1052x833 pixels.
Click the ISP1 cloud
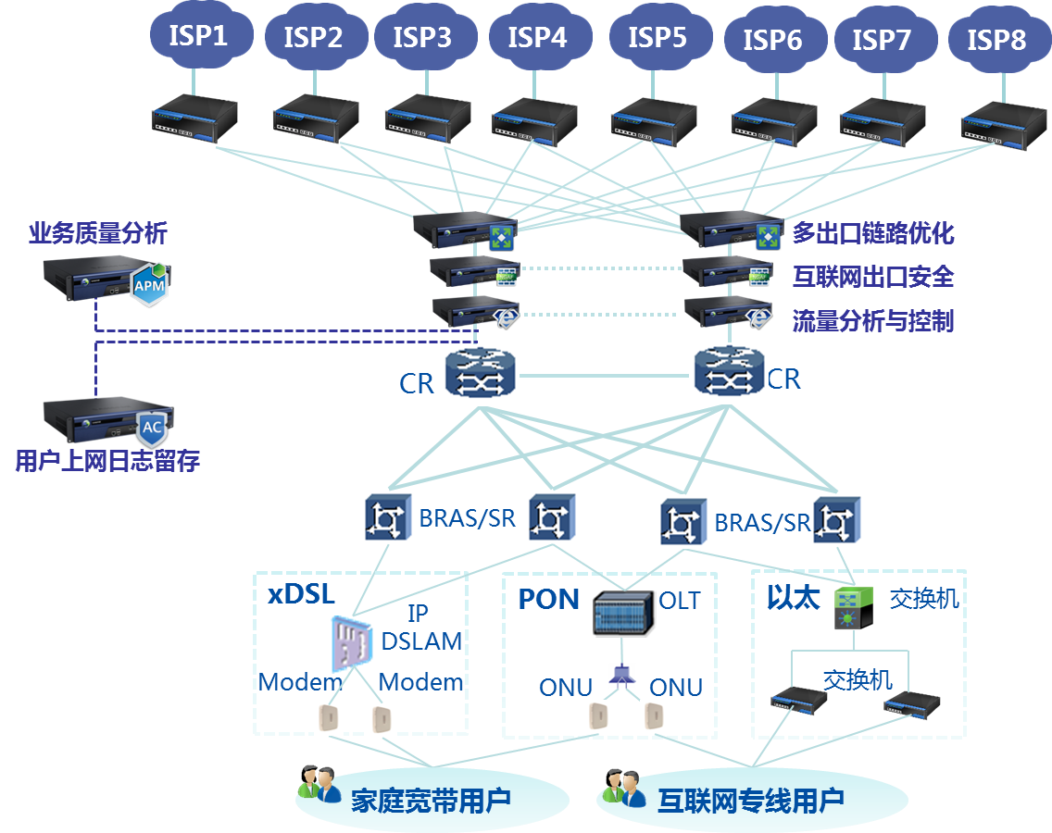click(x=197, y=37)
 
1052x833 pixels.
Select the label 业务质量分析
click(x=98, y=233)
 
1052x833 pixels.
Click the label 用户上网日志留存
click(x=107, y=460)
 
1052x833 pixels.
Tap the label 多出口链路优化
click(x=872, y=232)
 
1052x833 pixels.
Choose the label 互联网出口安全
click(x=872, y=276)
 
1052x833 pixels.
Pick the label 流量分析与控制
click(x=872, y=321)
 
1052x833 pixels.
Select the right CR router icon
click(x=728, y=374)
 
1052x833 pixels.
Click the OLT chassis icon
click(x=624, y=613)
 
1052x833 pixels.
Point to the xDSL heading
click(x=301, y=594)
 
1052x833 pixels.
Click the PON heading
click(x=548, y=599)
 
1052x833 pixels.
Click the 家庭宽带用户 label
click(x=431, y=800)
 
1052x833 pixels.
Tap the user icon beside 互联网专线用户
click(x=622, y=788)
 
